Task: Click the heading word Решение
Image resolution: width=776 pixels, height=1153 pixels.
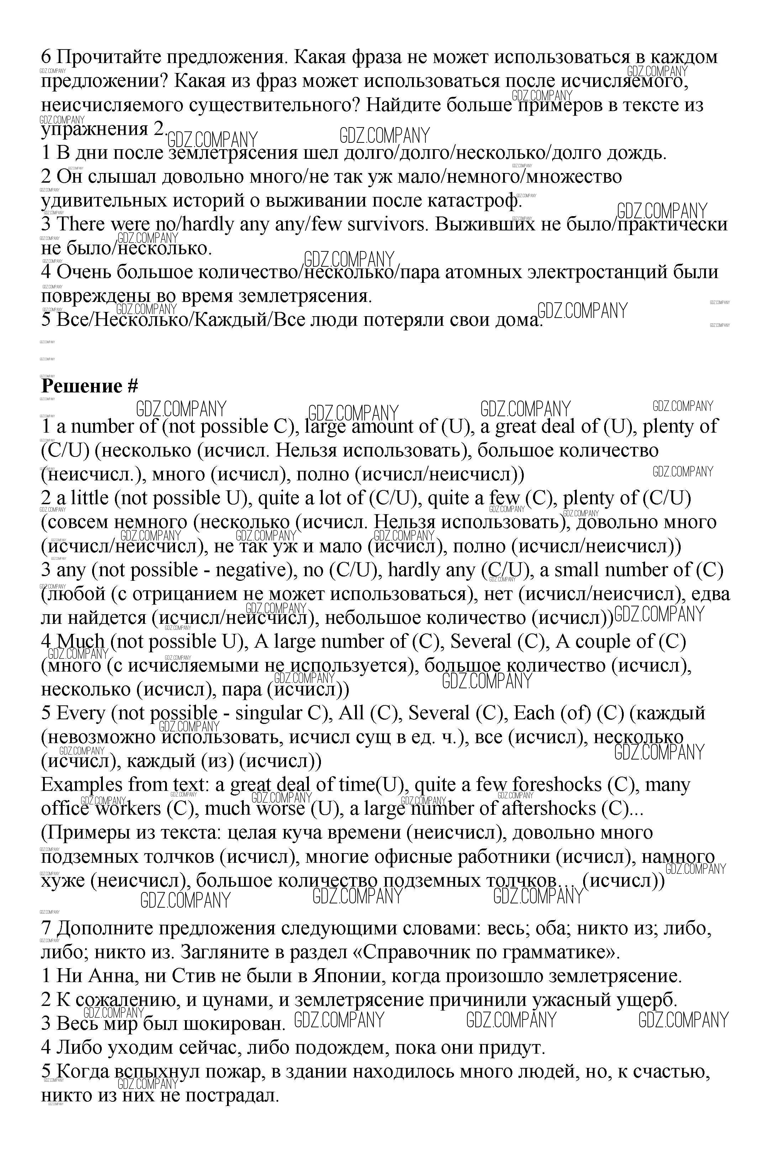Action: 82,386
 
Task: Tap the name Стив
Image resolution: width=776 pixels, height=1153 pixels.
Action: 192,976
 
